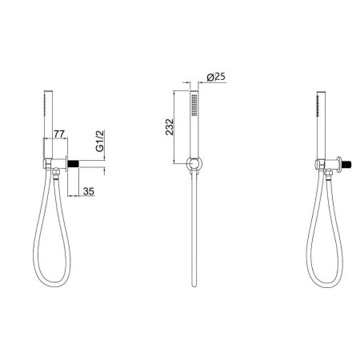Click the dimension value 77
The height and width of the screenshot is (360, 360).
coord(59,134)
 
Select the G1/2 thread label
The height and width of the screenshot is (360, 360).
coord(100,141)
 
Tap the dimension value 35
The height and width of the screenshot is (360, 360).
coord(89,191)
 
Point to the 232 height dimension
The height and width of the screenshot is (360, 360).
coord(170,127)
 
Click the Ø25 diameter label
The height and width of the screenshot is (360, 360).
coord(216,77)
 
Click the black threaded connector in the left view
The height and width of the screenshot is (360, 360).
coord(74,164)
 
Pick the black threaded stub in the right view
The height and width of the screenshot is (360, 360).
coord(347,163)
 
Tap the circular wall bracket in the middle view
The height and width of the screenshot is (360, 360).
coord(194,163)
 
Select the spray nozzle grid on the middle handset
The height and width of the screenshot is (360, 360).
coord(194,106)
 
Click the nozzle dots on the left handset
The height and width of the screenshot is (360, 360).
coord(45,106)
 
